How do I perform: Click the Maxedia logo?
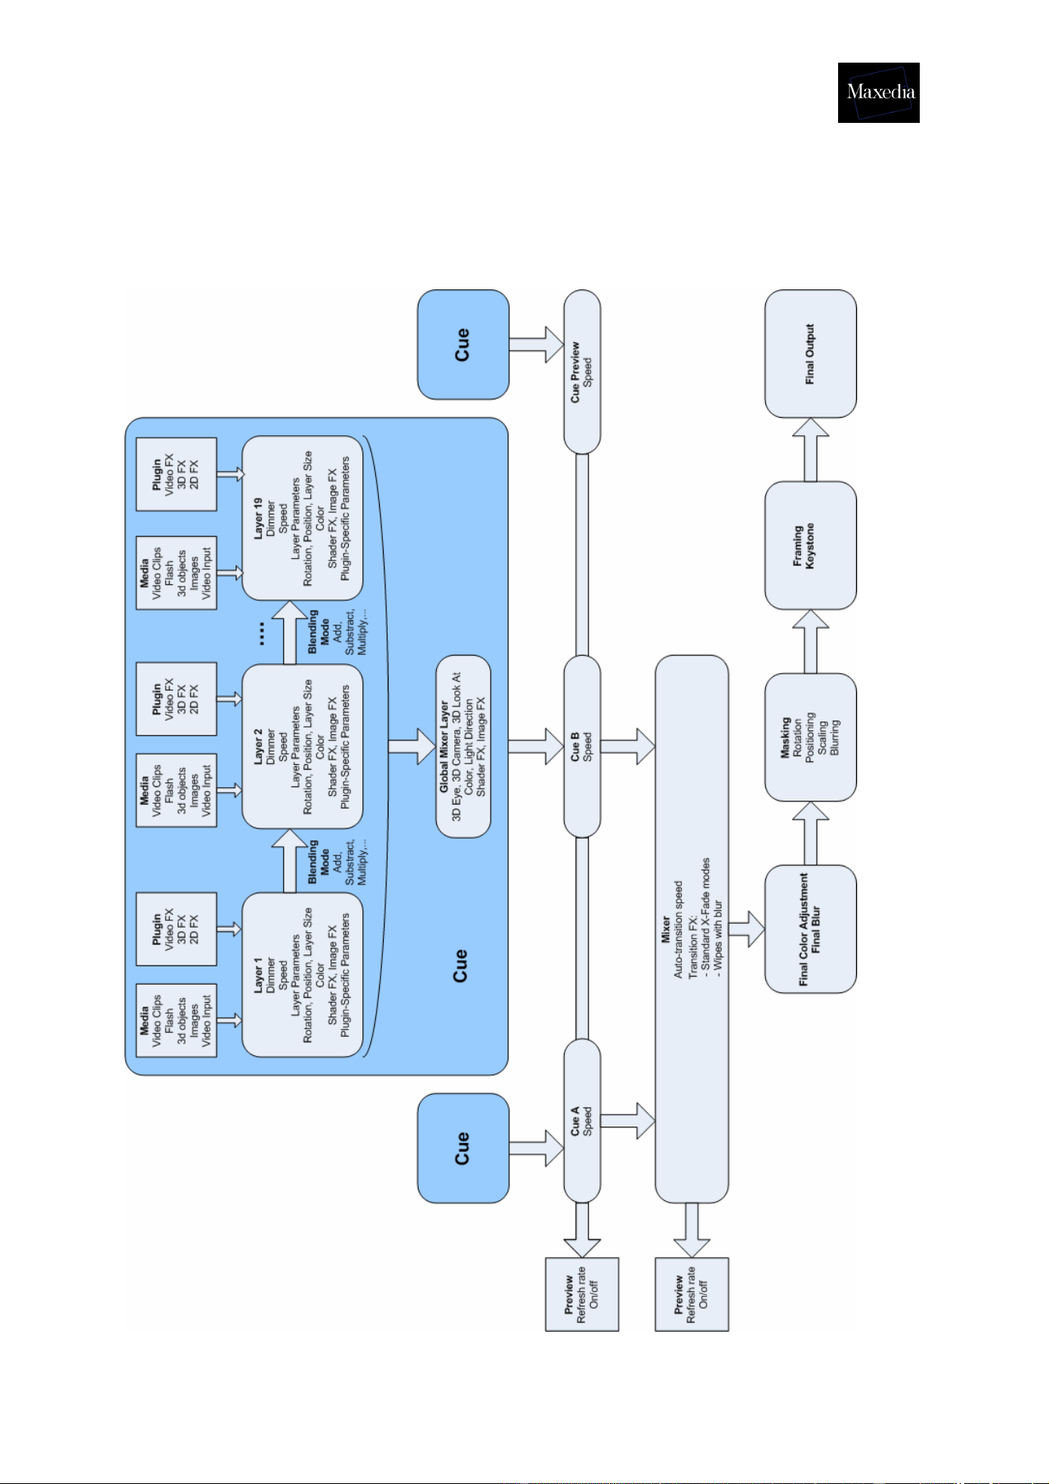879,93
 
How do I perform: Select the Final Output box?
810,354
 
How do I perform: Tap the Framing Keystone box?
810,545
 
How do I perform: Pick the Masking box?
810,737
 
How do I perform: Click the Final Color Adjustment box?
810,929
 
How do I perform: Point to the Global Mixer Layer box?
464,746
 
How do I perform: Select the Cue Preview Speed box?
582,372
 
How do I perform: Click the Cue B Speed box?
582,746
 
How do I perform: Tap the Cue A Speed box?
582,1121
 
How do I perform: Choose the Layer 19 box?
302,518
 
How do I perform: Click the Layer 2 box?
302,747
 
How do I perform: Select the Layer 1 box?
302,975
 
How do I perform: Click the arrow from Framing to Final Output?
810,449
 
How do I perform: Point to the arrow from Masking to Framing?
810,641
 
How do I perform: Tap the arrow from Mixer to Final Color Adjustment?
746,929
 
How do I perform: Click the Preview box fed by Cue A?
582,1294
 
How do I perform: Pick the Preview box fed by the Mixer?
691,1294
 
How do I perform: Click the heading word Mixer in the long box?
666,929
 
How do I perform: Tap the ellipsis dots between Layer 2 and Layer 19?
262,633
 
